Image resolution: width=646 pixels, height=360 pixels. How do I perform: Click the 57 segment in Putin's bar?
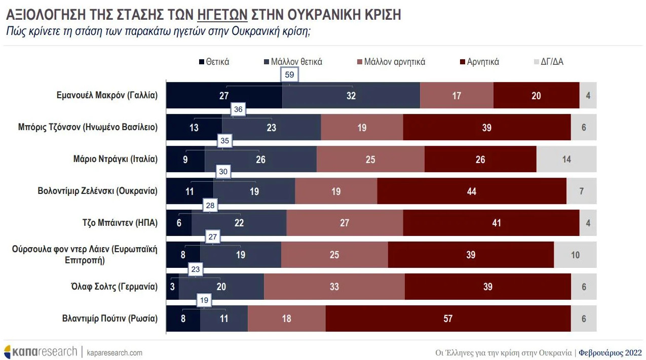(448, 318)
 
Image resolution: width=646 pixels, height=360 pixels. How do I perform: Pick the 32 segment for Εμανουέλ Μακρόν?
(351, 95)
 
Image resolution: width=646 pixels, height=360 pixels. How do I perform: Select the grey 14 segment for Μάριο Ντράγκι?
(566, 159)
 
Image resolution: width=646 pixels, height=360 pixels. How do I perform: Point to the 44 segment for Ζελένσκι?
(472, 191)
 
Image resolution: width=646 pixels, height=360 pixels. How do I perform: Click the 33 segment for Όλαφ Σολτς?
(334, 287)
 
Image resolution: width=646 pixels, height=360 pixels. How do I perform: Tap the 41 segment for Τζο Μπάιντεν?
(491, 223)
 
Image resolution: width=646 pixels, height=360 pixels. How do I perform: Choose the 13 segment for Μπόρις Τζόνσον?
(194, 127)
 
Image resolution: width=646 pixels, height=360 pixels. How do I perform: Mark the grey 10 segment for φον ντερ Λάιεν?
(575, 255)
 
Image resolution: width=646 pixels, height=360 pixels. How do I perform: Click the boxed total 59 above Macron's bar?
(289, 74)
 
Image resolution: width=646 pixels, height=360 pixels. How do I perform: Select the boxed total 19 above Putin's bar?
(204, 300)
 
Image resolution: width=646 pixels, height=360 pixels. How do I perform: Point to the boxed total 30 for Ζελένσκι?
(223, 172)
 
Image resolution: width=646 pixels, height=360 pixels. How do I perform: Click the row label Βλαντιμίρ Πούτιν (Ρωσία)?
(110, 318)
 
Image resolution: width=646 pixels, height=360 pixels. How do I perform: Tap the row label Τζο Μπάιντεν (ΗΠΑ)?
(121, 223)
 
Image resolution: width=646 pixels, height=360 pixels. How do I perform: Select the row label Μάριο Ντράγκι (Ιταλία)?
(115, 159)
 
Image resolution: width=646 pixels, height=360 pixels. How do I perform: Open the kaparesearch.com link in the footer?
(115, 352)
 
